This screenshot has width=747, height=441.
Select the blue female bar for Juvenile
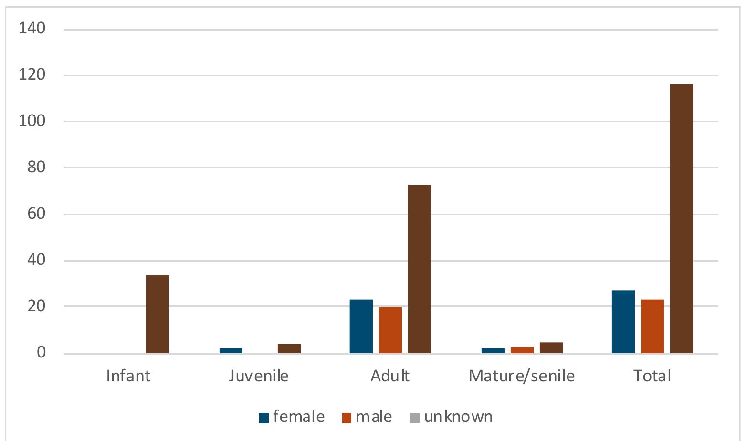[x=231, y=351]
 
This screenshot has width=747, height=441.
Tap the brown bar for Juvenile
[x=289, y=349]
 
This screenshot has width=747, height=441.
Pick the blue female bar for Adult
[x=361, y=326]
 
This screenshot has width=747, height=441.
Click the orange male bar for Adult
[x=390, y=330]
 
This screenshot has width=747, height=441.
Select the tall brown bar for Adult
[x=419, y=269]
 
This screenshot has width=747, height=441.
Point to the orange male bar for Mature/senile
[x=522, y=350]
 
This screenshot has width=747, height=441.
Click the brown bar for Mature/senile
[x=551, y=348]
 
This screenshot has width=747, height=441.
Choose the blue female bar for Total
[x=623, y=322]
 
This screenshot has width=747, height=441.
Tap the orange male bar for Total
[x=652, y=326]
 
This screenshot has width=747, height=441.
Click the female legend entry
[x=292, y=417]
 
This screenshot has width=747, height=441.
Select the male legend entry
[x=367, y=417]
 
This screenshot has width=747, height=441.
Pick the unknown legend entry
[x=451, y=417]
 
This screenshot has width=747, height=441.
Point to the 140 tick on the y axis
[x=32, y=29]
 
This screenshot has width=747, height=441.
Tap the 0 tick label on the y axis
[x=41, y=352]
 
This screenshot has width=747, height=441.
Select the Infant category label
[x=128, y=376]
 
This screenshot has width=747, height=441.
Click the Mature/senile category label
[x=521, y=376]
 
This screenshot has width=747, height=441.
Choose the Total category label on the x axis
[x=652, y=376]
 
